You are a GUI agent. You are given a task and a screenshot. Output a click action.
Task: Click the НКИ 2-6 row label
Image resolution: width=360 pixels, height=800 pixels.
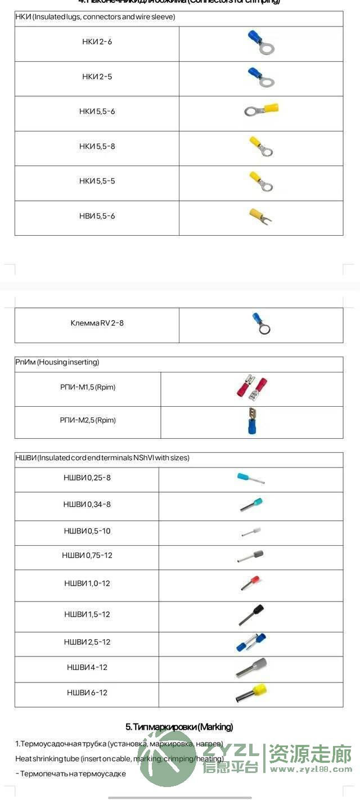(x=97, y=42)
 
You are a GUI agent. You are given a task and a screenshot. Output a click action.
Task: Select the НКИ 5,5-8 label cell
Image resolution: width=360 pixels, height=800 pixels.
(x=97, y=146)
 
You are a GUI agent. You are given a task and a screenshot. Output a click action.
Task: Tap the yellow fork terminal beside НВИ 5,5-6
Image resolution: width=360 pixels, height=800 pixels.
(x=260, y=215)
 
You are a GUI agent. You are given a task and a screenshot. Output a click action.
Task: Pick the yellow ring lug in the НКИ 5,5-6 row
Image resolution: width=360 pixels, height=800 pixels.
(x=262, y=110)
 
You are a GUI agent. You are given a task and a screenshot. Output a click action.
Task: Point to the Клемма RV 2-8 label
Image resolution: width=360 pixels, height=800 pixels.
(x=97, y=323)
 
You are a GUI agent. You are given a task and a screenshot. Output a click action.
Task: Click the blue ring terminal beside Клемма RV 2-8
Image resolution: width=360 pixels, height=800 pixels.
(x=260, y=323)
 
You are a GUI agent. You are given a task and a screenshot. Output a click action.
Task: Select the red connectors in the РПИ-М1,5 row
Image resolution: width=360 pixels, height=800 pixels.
(x=251, y=388)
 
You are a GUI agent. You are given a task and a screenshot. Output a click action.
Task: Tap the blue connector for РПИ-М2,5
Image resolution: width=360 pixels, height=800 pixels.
(x=251, y=421)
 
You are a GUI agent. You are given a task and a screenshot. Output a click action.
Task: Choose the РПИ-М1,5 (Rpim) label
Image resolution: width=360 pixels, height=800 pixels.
(x=87, y=387)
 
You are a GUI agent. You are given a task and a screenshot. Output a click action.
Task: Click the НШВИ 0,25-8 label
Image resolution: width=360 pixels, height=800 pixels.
(x=87, y=478)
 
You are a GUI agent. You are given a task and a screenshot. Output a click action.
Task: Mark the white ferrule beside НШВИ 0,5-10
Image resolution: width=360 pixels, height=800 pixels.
(x=251, y=531)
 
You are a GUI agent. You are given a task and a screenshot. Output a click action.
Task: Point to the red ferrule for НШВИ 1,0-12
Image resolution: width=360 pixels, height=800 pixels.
(x=250, y=582)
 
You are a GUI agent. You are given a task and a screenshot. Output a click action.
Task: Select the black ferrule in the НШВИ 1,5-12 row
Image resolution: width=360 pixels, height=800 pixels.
(x=251, y=614)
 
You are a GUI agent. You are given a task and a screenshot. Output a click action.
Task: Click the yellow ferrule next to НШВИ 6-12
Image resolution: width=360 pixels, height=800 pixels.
(x=251, y=693)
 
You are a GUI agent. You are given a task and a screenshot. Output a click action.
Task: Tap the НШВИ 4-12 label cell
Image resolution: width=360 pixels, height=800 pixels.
(x=87, y=667)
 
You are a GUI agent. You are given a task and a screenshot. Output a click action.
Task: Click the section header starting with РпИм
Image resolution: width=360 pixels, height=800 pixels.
(x=57, y=362)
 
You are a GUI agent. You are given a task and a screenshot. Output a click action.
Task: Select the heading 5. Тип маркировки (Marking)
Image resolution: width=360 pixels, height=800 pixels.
(x=179, y=727)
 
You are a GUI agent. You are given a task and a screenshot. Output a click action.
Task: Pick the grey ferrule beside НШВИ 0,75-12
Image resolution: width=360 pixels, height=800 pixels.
(x=250, y=556)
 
